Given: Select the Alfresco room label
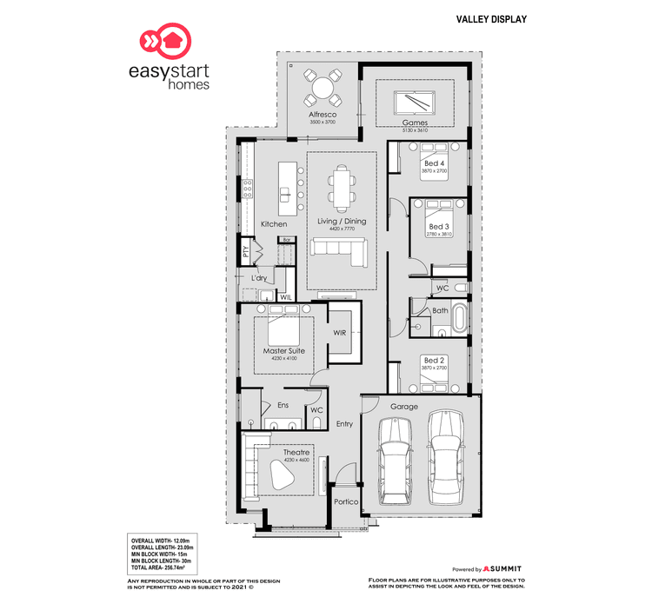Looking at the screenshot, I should coord(322,115).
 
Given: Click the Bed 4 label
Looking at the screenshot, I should coord(434,163).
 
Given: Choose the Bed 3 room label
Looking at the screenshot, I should coord(437,227).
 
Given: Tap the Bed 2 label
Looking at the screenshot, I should coord(434,360).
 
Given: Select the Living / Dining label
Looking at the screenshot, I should coord(343,222).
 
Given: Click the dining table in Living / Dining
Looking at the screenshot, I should coord(342,189).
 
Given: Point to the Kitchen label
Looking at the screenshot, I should coord(274,224).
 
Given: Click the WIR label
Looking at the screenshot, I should coord(340,333).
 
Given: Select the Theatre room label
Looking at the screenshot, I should coord(296,453).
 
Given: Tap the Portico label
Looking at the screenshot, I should coord(346,502).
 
